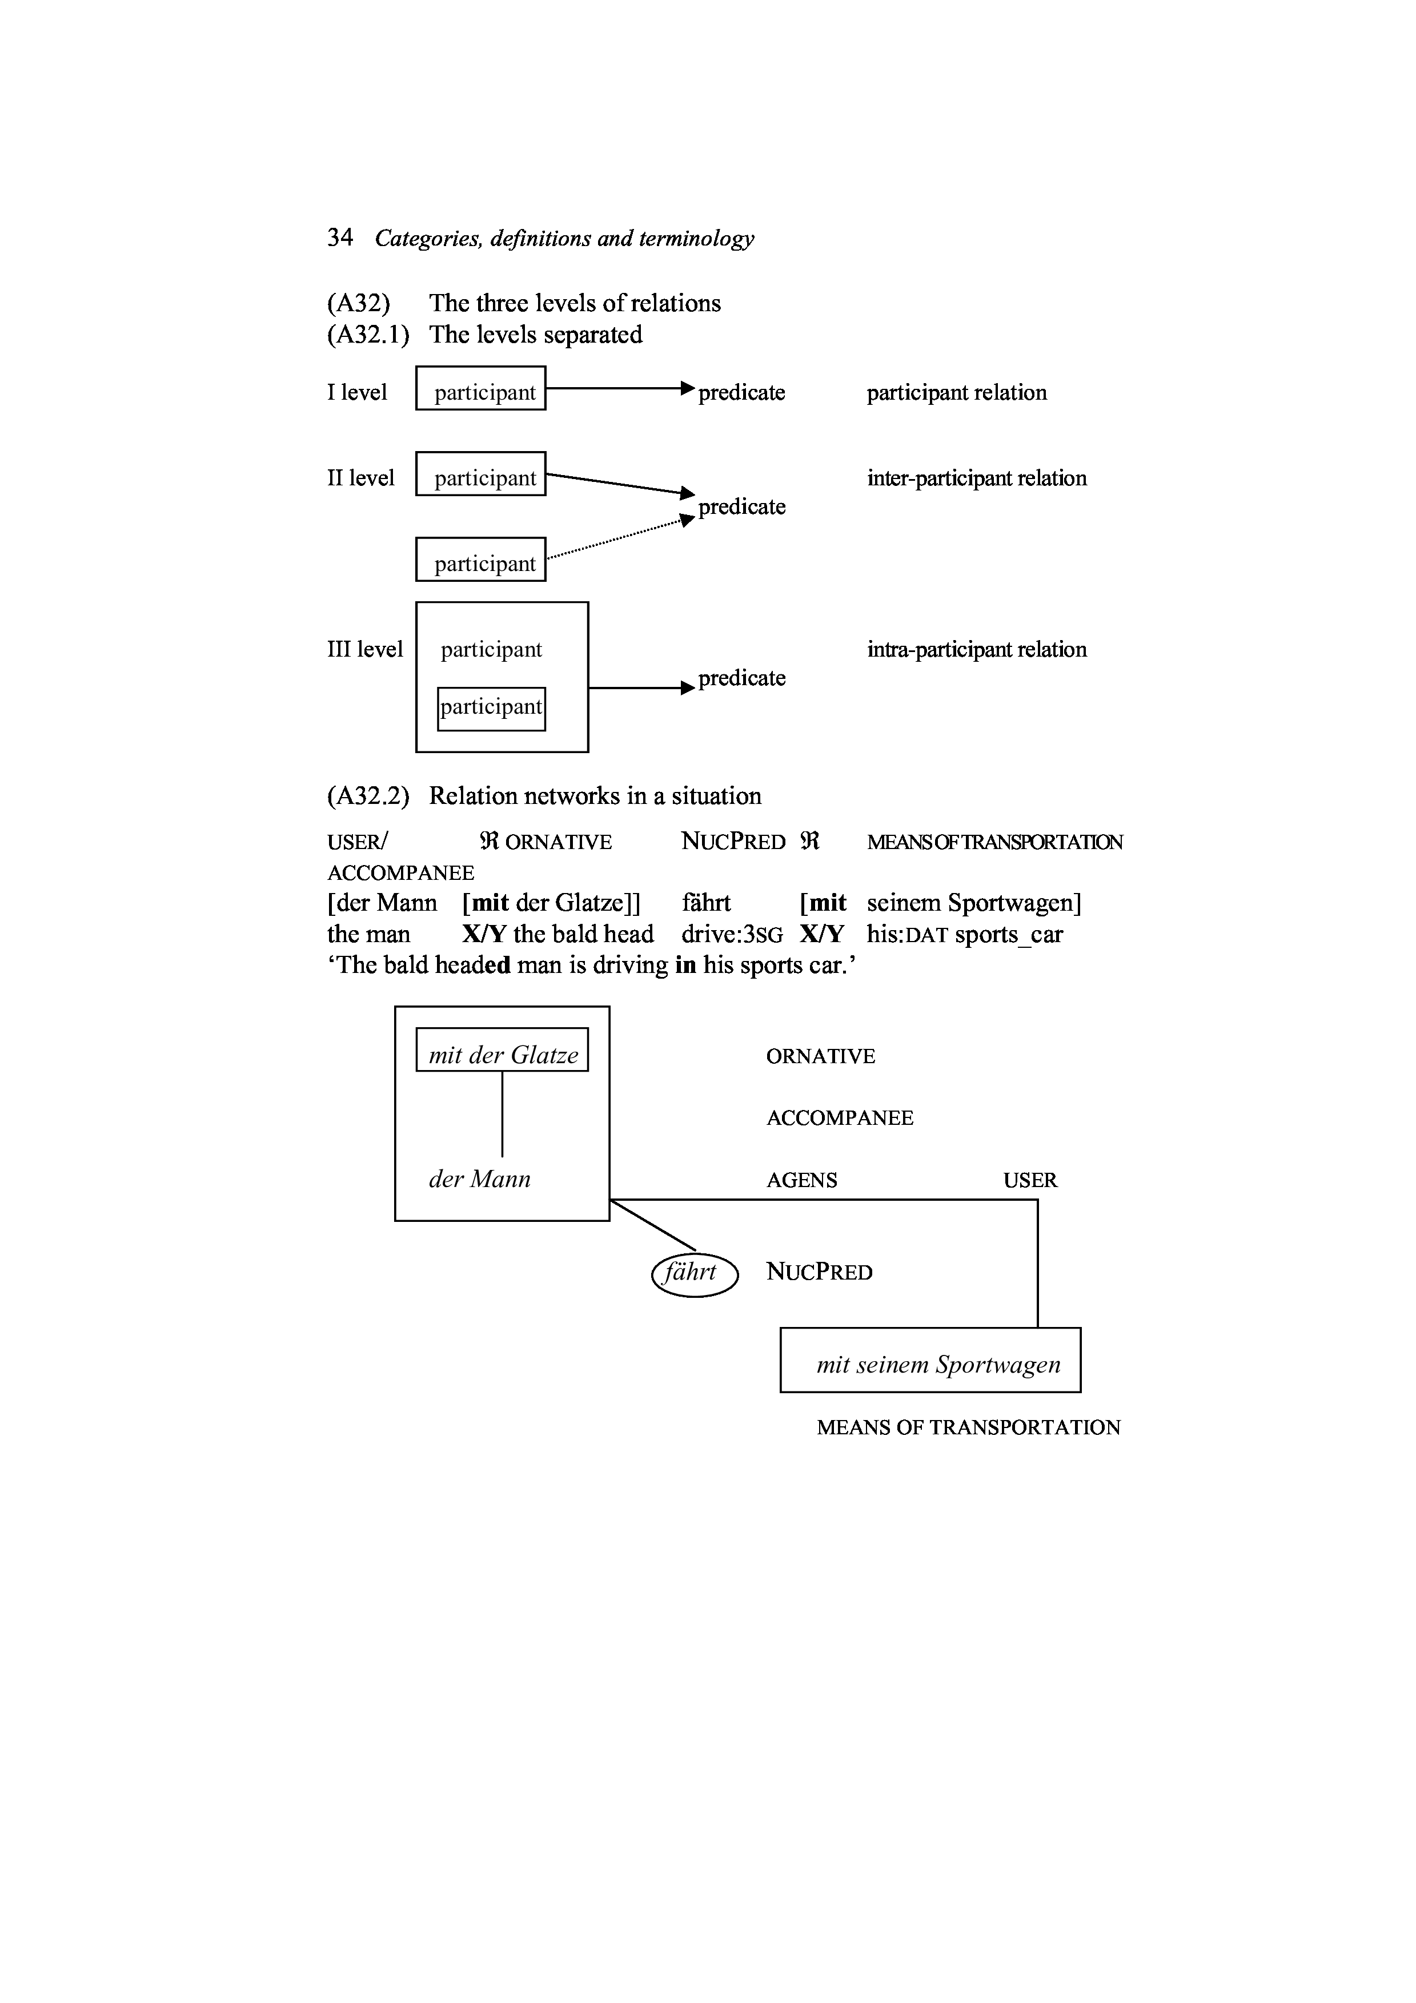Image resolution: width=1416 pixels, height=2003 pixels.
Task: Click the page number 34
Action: coord(339,238)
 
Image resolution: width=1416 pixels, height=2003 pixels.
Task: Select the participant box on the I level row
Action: coord(481,388)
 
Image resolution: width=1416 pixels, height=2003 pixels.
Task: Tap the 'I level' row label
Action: coord(357,393)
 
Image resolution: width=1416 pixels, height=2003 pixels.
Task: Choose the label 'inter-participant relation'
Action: coord(976,478)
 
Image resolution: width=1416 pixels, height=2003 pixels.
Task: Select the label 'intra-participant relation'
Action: coord(976,649)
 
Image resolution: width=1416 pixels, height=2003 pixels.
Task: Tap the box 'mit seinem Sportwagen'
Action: coord(930,1365)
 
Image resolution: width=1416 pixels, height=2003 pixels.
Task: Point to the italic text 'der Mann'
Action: coord(479,1180)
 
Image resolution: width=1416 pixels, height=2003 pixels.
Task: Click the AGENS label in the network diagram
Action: coord(801,1180)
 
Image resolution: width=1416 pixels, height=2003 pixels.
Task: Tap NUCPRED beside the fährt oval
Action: coord(819,1272)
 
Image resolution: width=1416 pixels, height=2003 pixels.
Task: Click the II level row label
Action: coord(360,478)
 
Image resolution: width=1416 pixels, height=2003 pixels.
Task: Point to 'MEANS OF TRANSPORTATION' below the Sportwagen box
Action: coord(968,1427)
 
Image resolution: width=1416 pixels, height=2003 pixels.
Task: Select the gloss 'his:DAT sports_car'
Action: coord(964,934)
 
